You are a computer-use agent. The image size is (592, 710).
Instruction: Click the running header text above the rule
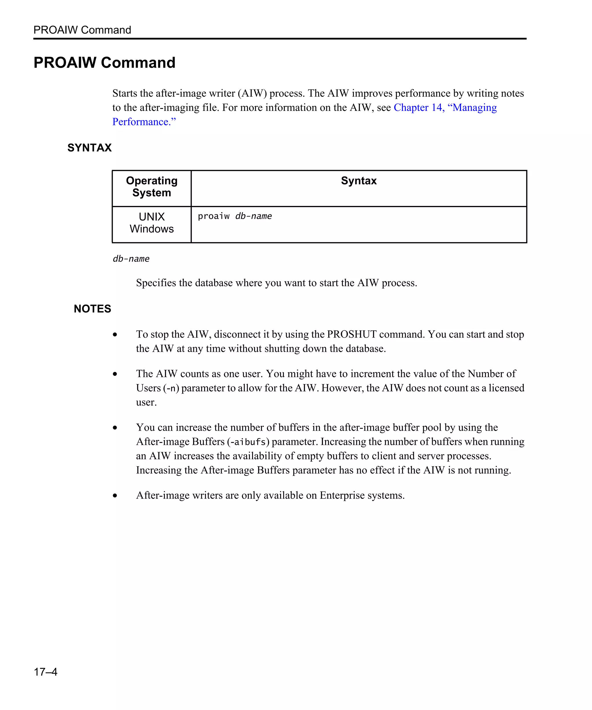tap(82, 30)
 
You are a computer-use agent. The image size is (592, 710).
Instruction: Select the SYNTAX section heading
tap(89, 148)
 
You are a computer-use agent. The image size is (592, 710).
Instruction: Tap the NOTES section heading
tap(92, 309)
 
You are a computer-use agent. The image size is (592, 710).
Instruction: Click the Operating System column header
tap(151, 187)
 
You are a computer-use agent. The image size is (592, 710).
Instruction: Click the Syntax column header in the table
tap(359, 181)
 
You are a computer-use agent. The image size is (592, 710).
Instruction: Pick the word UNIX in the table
tap(151, 217)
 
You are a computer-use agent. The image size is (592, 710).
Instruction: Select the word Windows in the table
tap(151, 229)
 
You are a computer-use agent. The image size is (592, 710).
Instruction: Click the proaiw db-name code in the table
tap(235, 216)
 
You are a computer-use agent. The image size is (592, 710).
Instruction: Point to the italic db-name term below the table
tap(131, 259)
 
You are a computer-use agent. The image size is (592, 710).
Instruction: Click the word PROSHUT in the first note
tap(352, 334)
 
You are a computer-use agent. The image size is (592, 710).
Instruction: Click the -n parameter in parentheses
tap(171, 389)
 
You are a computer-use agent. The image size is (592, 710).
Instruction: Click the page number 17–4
tap(45, 672)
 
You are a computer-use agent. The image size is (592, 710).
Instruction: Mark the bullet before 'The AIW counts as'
tap(115, 374)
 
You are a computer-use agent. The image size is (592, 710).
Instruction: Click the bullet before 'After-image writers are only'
tap(115, 496)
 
